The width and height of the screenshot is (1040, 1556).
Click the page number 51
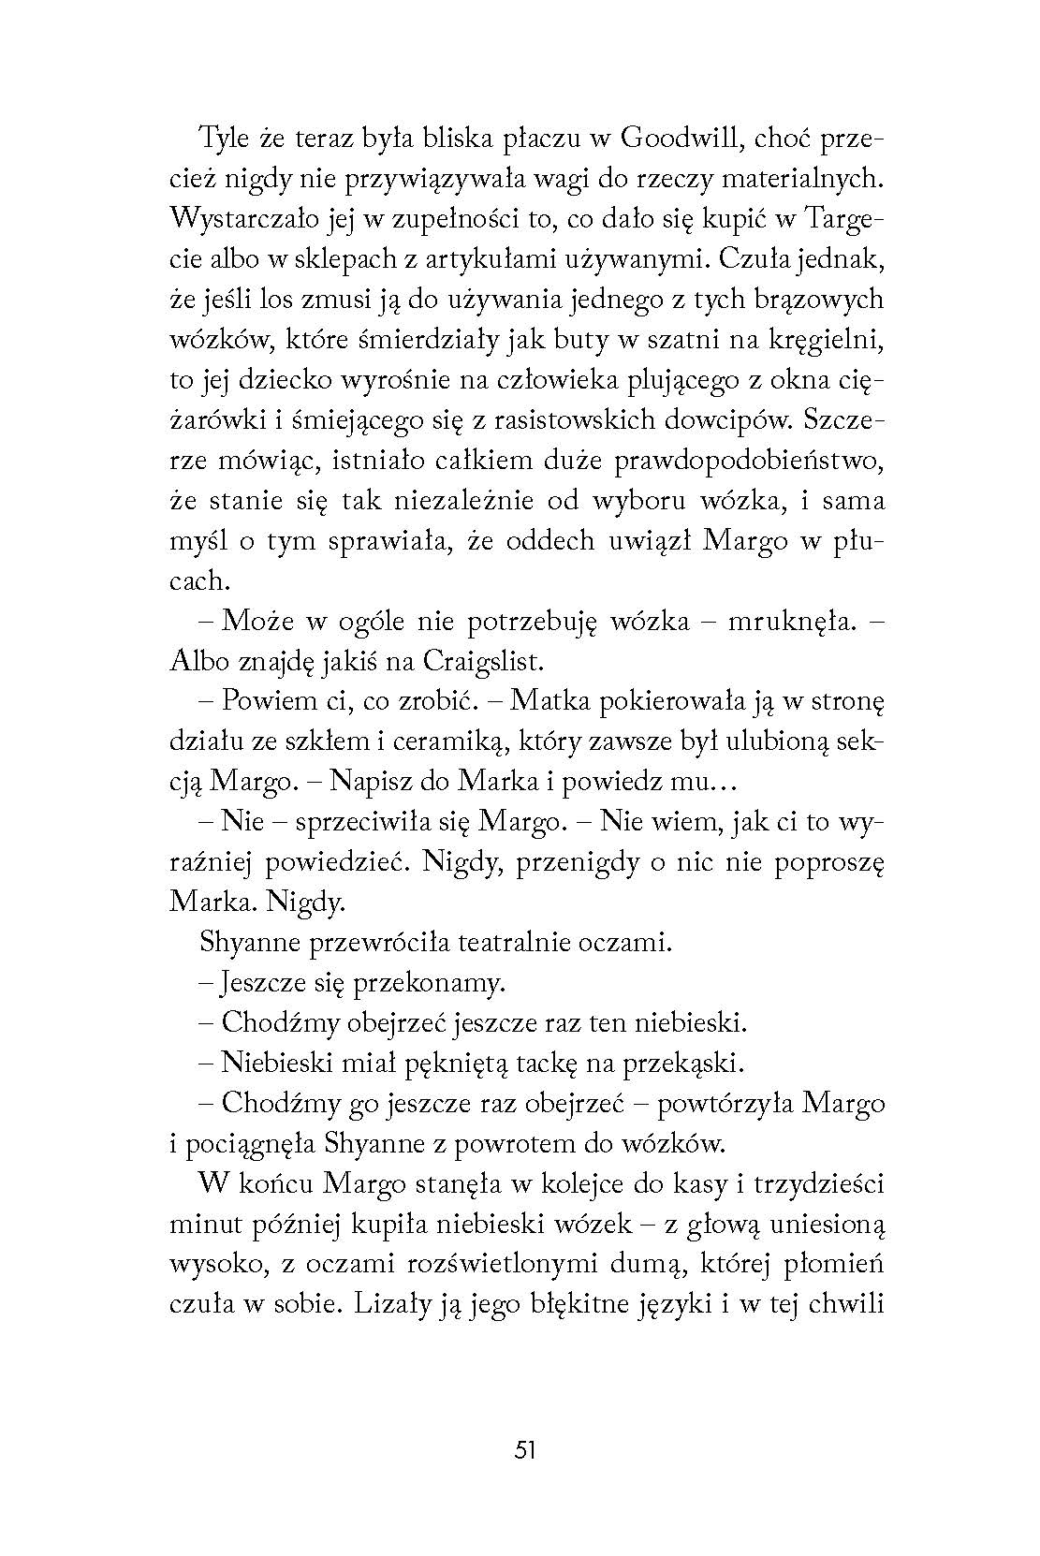click(524, 1450)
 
